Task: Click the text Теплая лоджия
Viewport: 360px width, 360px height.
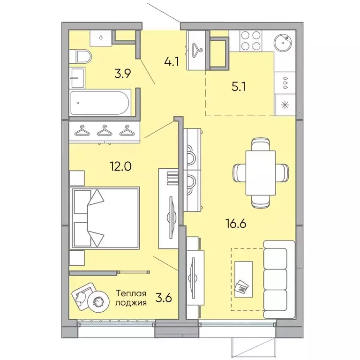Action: tap(131, 298)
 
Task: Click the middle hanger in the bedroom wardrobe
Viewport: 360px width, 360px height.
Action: tap(104, 131)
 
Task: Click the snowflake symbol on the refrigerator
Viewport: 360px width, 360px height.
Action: tap(284, 104)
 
